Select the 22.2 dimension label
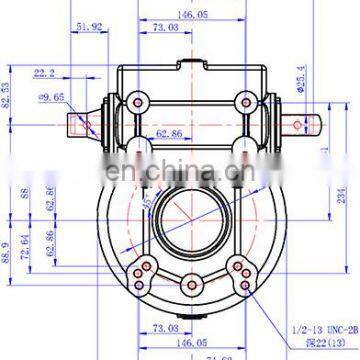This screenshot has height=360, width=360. click(x=44, y=73)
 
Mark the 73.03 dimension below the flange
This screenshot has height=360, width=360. click(x=163, y=327)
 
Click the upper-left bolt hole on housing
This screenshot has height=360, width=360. click(x=135, y=101)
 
